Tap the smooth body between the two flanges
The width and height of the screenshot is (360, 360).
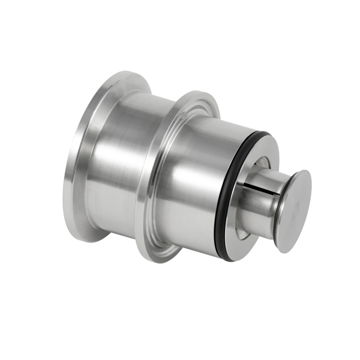[124, 169]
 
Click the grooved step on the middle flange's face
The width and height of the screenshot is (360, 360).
[163, 169]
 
